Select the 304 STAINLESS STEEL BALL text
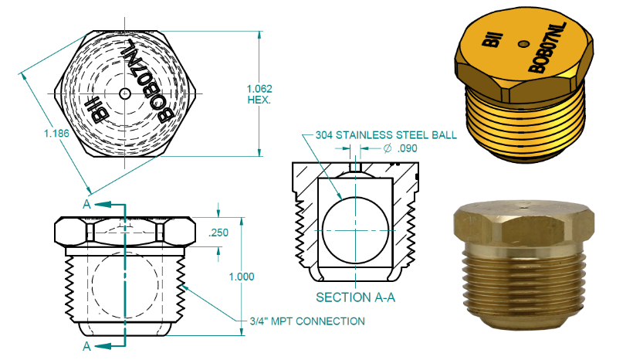386,134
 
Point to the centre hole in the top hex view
126,93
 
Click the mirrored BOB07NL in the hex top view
151,77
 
